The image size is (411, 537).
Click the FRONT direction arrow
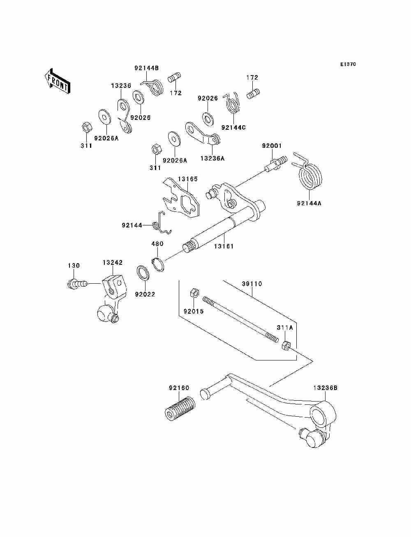pos(57,81)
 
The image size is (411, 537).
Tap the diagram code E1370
pos(348,64)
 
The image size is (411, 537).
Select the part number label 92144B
pos(146,68)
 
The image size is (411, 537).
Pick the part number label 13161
pos(224,246)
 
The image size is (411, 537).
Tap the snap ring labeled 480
pos(158,264)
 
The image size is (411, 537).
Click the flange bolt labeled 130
pos(76,284)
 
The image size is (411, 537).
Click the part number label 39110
pos(252,284)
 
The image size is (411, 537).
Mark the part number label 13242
pos(113,262)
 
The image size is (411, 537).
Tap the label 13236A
pos(212,158)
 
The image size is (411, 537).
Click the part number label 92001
pos(272,146)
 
